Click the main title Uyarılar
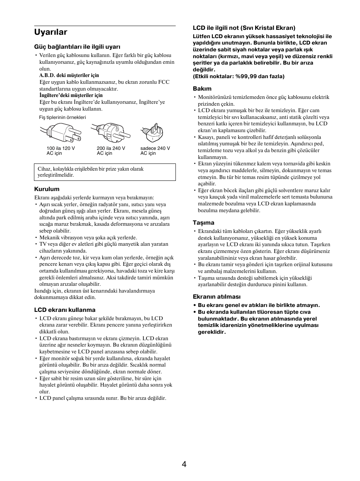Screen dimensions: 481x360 (x=51, y=32)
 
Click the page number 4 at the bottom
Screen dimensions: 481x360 (x=184, y=464)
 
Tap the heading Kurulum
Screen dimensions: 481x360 (x=47, y=189)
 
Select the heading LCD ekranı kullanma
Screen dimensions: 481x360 (x=65, y=310)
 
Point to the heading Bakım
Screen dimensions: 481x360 (x=202, y=89)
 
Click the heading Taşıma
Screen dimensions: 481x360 (x=203, y=223)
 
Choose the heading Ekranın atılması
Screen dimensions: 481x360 (x=217, y=297)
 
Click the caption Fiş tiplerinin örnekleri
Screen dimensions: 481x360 (x=63, y=117)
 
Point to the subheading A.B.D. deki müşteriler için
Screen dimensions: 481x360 (x=69, y=76)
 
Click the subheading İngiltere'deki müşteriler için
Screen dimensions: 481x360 (x=71, y=96)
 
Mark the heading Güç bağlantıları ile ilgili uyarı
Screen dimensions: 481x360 (x=77, y=47)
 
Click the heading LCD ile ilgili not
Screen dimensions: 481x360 (x=244, y=28)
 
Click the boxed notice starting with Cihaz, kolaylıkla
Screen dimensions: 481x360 (x=105, y=172)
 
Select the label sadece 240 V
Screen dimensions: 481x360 (x=155, y=148)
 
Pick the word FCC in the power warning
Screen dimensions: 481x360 (x=164, y=82)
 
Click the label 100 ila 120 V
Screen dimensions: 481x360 (x=61, y=148)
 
